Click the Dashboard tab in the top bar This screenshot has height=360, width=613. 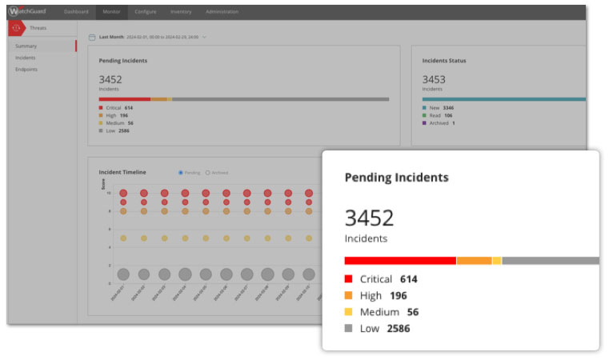[76, 11]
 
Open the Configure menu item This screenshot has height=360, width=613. [146, 11]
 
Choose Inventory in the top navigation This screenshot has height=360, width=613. [181, 11]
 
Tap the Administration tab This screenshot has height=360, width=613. [222, 11]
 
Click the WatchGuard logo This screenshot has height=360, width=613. [29, 11]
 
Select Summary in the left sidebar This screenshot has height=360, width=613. [26, 46]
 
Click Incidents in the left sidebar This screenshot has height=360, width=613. [26, 58]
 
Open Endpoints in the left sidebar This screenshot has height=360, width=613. [27, 69]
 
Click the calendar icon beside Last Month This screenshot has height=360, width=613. [93, 37]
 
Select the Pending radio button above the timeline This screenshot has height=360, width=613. [181, 172]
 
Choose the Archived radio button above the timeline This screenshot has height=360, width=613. [208, 172]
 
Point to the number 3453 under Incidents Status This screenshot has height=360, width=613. [434, 79]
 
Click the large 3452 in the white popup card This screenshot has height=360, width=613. [369, 218]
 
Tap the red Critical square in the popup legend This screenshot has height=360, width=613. [348, 279]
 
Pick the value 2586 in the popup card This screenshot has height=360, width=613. [398, 328]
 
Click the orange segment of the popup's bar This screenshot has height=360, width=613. [474, 261]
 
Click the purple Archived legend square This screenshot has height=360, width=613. [425, 123]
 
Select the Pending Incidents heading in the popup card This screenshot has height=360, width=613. [396, 177]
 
